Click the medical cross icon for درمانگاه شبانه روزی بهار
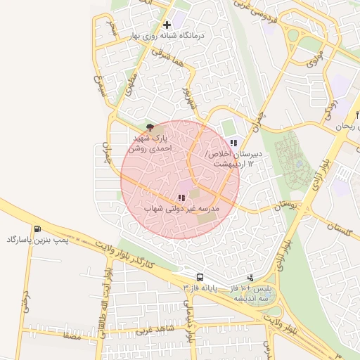(x=166, y=25)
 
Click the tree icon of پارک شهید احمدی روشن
(x=150, y=127)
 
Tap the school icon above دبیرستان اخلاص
(x=233, y=143)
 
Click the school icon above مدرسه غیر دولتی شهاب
(x=181, y=198)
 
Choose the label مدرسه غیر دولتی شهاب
(x=182, y=210)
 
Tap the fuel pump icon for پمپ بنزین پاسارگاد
(x=37, y=229)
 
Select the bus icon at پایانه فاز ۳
(x=200, y=277)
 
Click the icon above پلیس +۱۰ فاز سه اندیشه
(x=251, y=278)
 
